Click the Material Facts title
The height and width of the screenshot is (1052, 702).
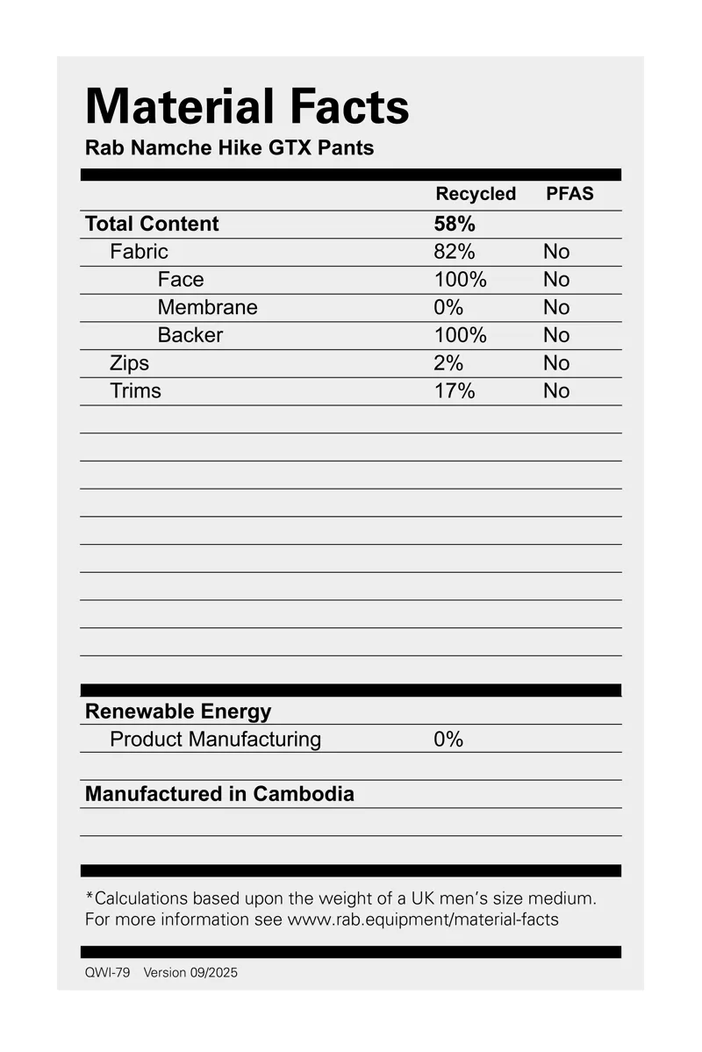point(247,107)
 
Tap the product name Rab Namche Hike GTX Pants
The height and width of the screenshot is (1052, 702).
point(229,148)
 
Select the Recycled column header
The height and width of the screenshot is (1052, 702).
point(476,194)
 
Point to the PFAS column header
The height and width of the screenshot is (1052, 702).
point(569,194)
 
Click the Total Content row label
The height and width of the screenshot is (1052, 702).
point(152,224)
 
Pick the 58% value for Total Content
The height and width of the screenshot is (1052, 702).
point(455,224)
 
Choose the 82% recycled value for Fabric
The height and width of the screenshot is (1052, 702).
point(455,252)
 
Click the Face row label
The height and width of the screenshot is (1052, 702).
point(181,280)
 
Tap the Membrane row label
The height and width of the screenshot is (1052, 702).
point(208,308)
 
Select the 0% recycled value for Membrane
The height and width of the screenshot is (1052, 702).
point(448,308)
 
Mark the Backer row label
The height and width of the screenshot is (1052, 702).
point(190,335)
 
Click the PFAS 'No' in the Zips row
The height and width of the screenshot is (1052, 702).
point(556,363)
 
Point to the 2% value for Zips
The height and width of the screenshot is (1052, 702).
point(448,363)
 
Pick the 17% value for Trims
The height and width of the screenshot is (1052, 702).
point(455,391)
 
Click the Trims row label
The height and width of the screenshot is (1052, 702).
point(135,391)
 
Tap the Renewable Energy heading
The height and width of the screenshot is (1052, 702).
point(178,712)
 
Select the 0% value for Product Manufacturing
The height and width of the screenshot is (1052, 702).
point(448,740)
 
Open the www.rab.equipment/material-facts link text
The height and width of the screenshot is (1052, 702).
point(423,920)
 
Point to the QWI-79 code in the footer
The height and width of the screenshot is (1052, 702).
point(107,973)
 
